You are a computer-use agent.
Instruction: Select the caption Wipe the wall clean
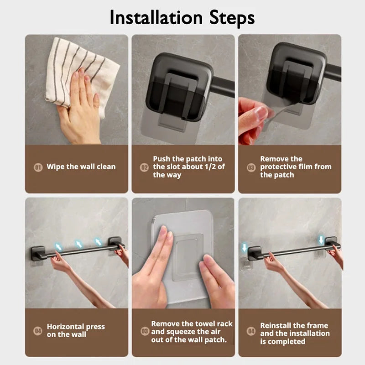tap(81, 167)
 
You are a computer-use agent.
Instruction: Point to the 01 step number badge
tap(38, 167)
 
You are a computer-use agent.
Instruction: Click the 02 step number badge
tap(144, 167)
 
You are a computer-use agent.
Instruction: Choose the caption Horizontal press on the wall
tap(76, 330)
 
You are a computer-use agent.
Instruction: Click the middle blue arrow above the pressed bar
tap(79, 244)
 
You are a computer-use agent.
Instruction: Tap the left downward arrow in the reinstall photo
tap(243, 247)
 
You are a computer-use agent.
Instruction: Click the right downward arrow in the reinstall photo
tap(321, 240)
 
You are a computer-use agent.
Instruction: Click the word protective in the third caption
tap(281, 167)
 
